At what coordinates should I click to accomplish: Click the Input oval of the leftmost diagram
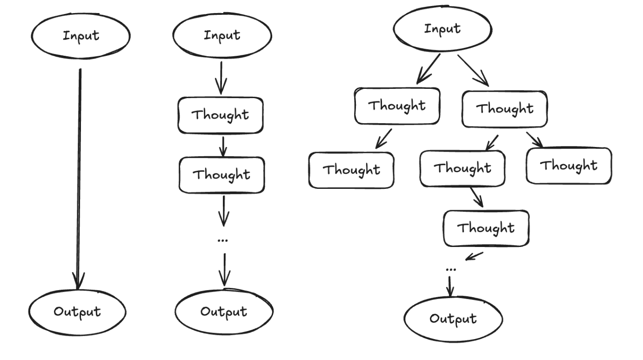click(81, 36)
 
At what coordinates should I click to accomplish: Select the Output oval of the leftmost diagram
click(77, 311)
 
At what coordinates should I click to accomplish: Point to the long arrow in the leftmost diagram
click(79, 177)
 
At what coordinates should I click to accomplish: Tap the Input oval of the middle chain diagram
click(222, 36)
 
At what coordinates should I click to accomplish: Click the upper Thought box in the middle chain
click(221, 114)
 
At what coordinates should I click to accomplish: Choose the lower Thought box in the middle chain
click(222, 174)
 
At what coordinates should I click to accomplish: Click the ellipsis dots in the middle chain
click(223, 240)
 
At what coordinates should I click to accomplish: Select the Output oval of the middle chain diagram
click(224, 311)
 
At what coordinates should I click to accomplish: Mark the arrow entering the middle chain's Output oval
click(224, 270)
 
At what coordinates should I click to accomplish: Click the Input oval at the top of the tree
click(442, 29)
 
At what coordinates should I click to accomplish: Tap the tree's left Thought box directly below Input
click(397, 106)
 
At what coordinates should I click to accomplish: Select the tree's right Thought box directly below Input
click(505, 109)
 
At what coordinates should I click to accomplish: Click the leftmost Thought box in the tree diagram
click(352, 169)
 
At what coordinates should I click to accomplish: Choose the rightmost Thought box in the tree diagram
click(569, 166)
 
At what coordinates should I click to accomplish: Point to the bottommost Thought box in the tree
click(486, 228)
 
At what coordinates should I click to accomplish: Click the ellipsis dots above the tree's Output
click(450, 269)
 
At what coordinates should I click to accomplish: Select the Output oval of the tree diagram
click(453, 319)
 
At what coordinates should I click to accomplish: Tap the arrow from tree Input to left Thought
click(429, 69)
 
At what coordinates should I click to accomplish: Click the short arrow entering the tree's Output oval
click(450, 286)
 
